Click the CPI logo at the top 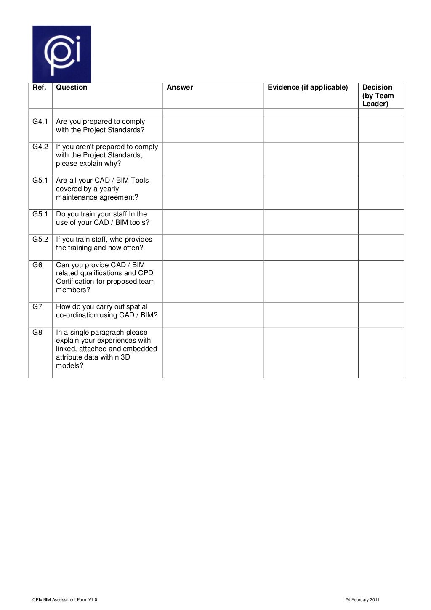pos(62,54)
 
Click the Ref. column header pos(39,88)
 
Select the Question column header pos(72,88)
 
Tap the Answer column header pos(180,88)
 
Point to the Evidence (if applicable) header pos(308,88)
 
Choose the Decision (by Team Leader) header pos(378,96)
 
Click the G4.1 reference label pos(40,122)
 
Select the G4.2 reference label pos(40,147)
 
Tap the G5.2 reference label pos(40,240)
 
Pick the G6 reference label pos(37,265)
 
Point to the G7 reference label pos(37,307)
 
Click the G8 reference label pos(37,332)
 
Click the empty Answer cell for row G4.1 pos(213,129)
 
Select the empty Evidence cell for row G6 pos(311,281)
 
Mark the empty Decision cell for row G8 pos(381,352)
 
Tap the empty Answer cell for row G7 pos(213,314)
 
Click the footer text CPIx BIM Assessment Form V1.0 pos(65,600)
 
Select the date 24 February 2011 pos(362,600)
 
